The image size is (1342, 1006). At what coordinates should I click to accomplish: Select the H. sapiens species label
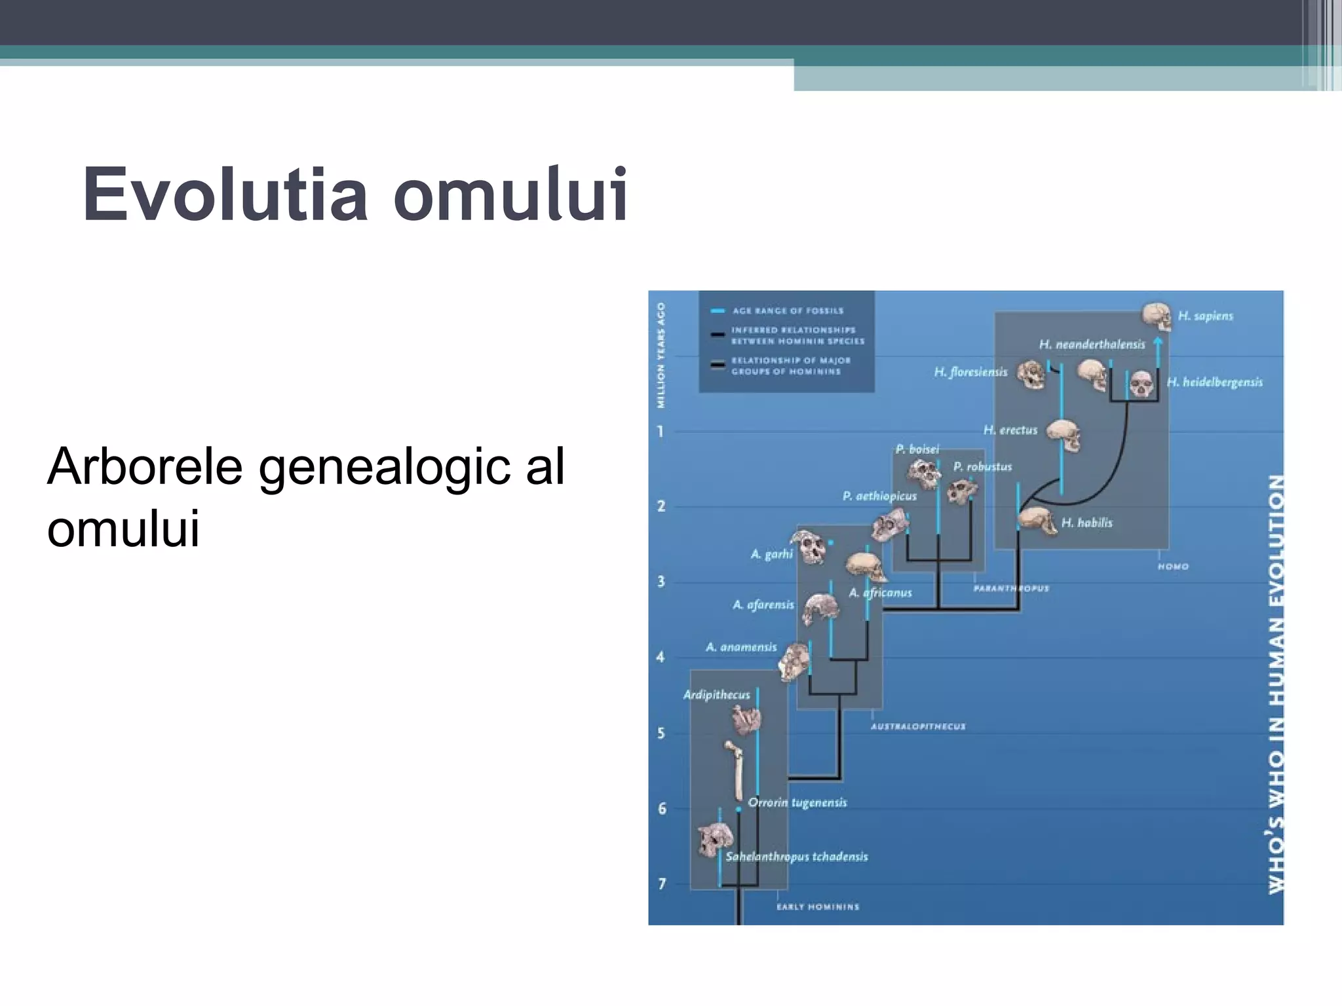[1205, 316]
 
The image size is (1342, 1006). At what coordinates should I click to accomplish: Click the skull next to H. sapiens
[1157, 316]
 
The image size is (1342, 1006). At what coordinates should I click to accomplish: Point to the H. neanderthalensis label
[1092, 345]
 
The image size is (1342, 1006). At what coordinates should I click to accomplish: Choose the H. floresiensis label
[970, 372]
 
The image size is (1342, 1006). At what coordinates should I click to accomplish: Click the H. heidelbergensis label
[1214, 382]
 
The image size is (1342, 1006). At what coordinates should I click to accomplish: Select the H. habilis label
[1086, 523]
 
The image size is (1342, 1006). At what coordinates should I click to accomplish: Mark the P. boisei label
[917, 449]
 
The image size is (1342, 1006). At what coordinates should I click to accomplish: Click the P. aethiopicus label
[879, 496]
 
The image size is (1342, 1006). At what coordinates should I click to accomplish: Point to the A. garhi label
[771, 554]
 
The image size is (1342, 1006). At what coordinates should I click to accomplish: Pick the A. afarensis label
[763, 605]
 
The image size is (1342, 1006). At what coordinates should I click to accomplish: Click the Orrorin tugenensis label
[797, 803]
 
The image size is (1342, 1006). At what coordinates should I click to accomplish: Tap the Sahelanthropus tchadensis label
[796, 857]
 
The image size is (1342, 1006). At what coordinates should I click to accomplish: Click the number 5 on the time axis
[661, 733]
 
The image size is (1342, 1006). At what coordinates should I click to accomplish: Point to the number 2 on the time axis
[661, 506]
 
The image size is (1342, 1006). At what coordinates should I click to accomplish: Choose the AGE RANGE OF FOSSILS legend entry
[788, 311]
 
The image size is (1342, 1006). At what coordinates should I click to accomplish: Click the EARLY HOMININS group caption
[817, 907]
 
